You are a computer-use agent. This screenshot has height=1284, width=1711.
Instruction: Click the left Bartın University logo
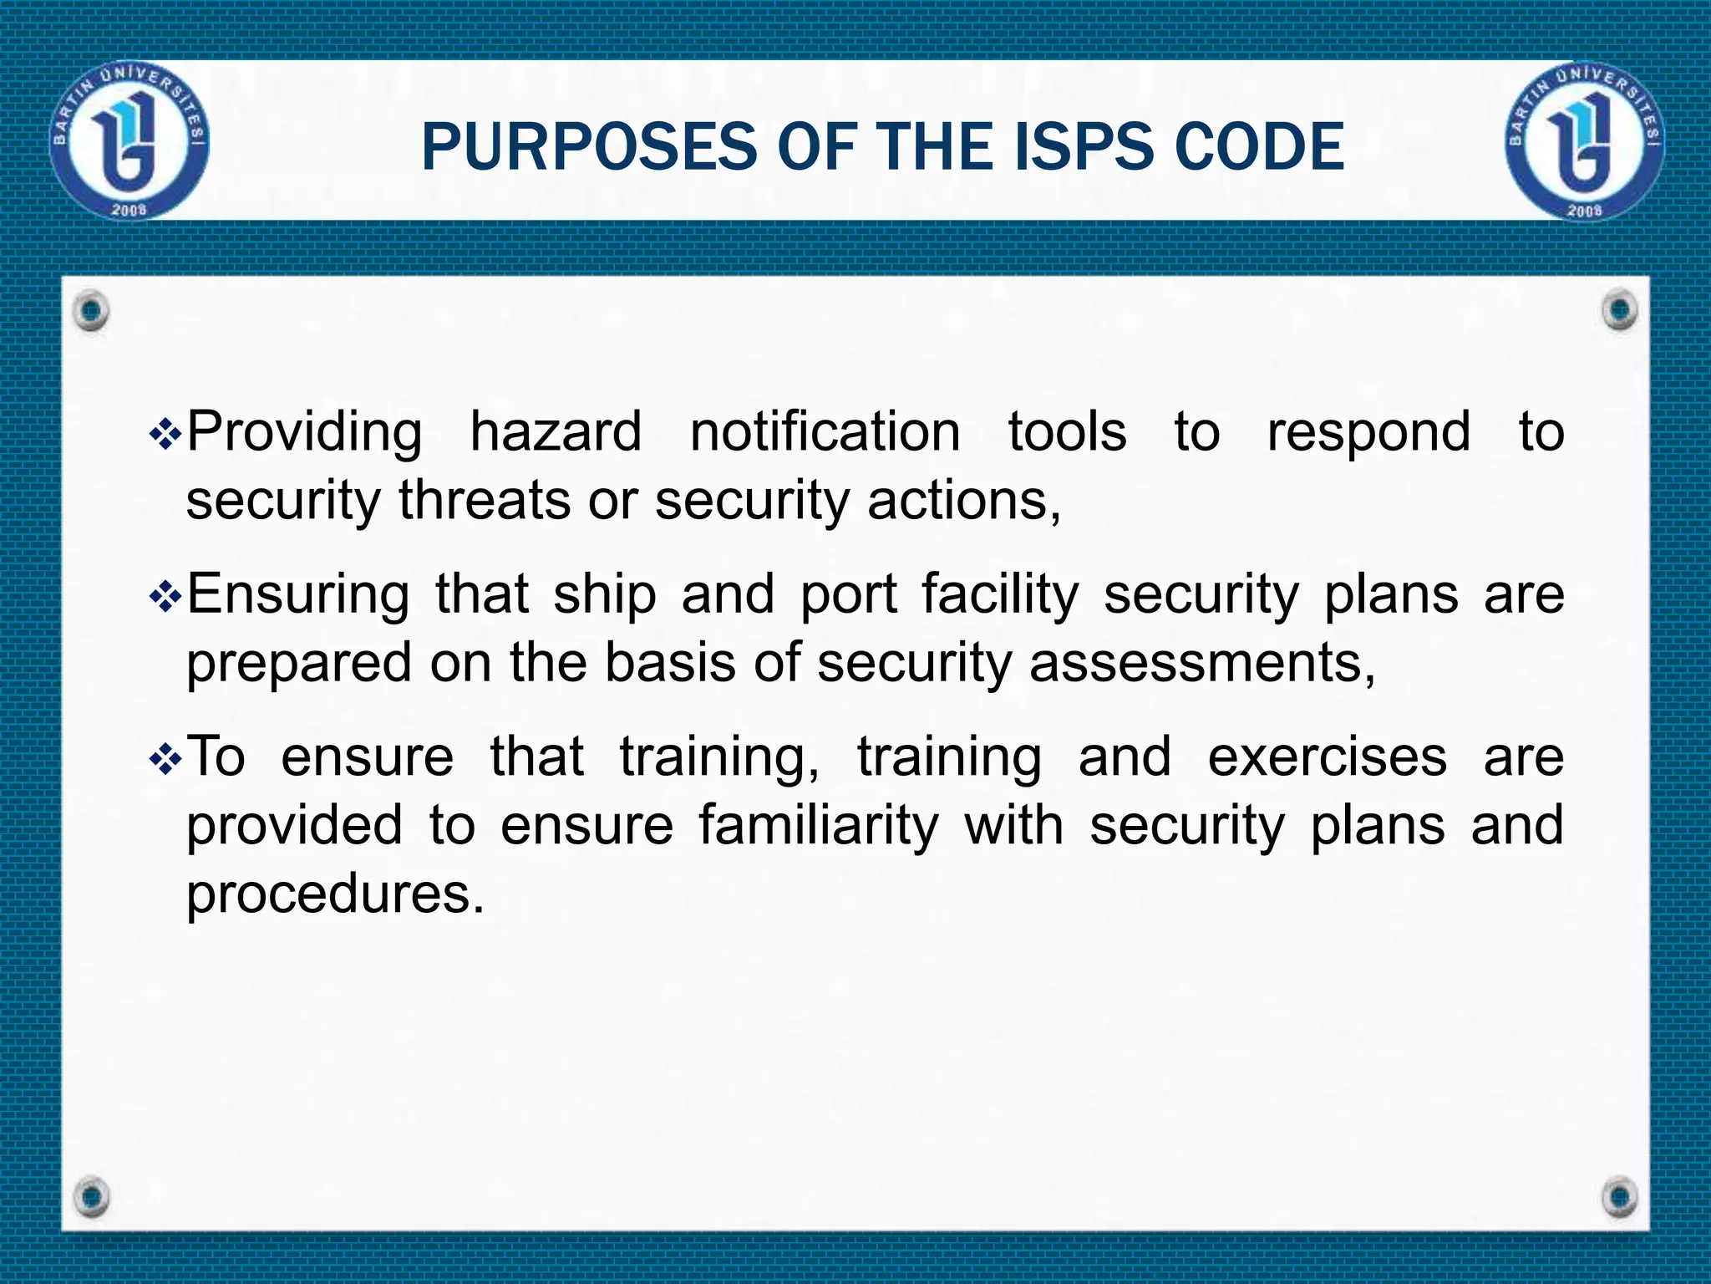click(x=129, y=140)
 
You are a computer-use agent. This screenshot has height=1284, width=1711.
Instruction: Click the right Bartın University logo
click(x=1585, y=140)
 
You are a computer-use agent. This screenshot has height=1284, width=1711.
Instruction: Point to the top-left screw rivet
click(x=91, y=311)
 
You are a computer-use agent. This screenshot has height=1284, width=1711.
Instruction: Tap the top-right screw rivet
click(x=1621, y=310)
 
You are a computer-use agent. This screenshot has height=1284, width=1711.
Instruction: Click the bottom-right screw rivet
click(x=1621, y=1196)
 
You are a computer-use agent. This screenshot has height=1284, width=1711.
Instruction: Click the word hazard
click(x=556, y=432)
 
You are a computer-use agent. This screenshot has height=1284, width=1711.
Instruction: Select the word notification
click(x=825, y=432)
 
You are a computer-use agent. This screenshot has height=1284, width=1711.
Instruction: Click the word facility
click(x=1001, y=595)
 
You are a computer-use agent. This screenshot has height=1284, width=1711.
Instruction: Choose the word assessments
click(x=1202, y=663)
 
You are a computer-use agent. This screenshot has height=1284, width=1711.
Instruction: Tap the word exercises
click(x=1327, y=757)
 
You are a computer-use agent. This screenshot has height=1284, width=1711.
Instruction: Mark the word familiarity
click(x=819, y=826)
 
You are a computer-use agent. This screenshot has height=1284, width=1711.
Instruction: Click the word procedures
click(x=334, y=894)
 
